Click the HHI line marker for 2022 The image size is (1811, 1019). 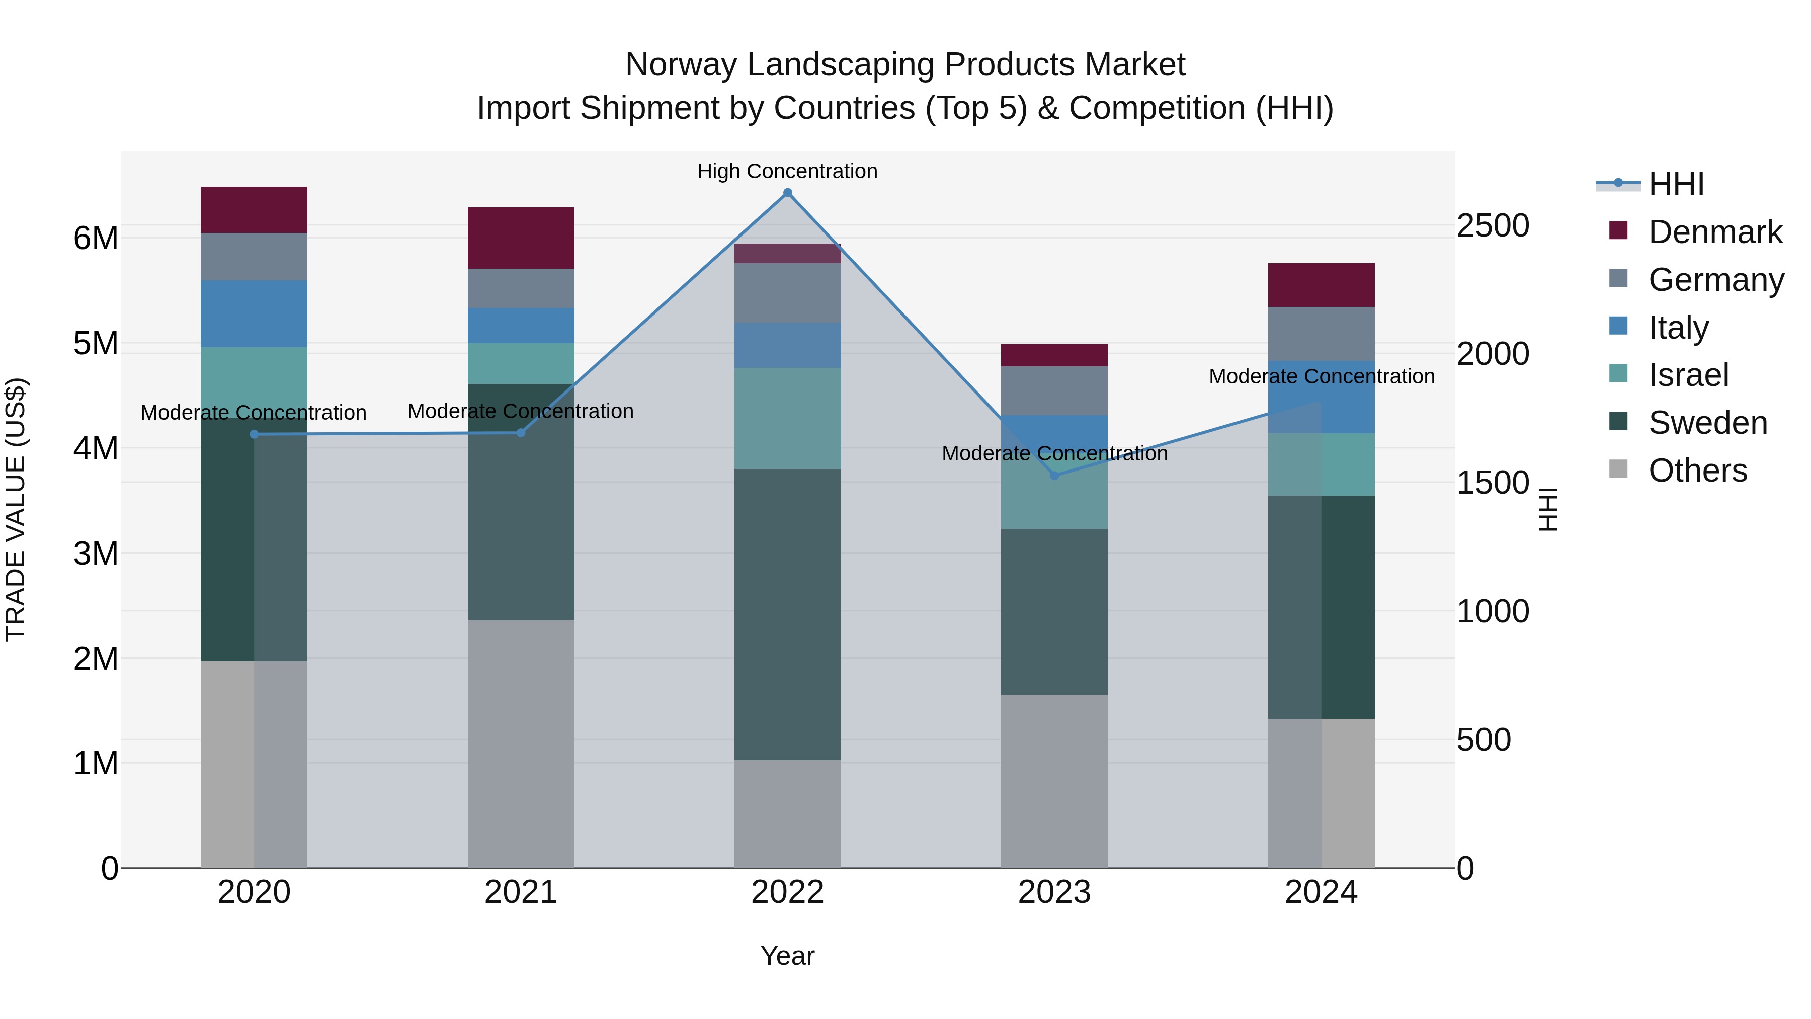787,193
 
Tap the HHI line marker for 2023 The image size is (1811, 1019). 1054,476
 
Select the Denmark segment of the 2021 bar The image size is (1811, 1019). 521,238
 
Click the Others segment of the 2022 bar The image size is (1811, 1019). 787,814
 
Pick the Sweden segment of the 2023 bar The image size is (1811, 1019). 1054,612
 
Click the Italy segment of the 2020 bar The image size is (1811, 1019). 254,313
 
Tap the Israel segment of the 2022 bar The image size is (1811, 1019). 787,419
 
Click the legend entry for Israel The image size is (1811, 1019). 1688,375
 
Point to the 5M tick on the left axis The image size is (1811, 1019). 96,344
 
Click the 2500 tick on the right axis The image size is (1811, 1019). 1493,226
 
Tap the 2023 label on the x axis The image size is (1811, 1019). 1054,892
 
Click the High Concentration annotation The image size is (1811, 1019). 787,171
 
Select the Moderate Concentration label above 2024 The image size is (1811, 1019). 1321,376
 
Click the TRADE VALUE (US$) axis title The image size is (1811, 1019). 16,509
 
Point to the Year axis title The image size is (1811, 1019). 787,956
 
